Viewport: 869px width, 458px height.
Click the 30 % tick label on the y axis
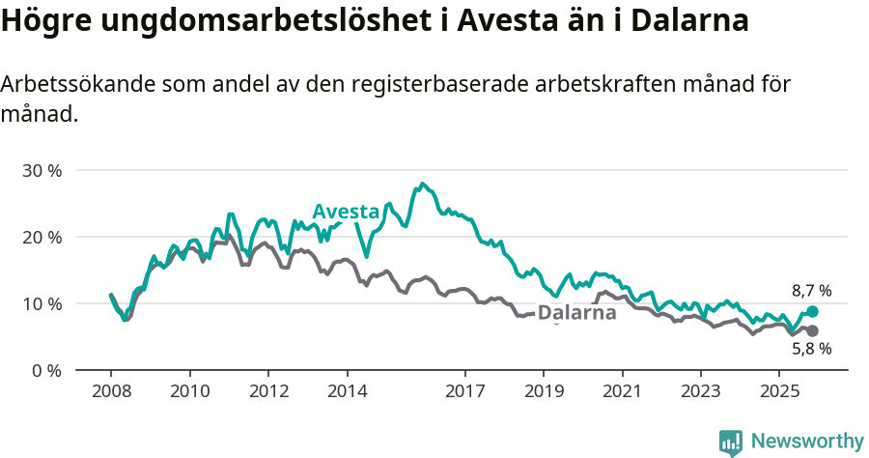[42, 170]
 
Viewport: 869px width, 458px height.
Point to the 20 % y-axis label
[42, 237]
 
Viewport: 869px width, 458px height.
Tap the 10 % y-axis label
[42, 303]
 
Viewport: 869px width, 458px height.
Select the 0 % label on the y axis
[45, 370]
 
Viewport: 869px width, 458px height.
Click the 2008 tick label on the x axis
[111, 392]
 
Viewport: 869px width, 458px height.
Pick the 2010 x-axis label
[189, 392]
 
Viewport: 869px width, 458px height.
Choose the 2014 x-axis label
[347, 392]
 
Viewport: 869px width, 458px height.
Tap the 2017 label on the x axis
[464, 392]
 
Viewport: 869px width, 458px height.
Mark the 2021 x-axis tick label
[622, 392]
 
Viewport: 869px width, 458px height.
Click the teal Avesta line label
[345, 212]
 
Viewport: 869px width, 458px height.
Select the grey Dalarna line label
[576, 313]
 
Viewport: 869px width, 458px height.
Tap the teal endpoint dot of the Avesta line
[812, 312]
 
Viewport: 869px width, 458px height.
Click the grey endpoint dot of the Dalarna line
[812, 331]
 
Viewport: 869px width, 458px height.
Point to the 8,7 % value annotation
[811, 290]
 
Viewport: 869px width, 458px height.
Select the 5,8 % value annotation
[811, 350]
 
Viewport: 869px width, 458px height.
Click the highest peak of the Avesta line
[422, 183]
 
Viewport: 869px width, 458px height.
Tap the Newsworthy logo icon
[731, 443]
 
